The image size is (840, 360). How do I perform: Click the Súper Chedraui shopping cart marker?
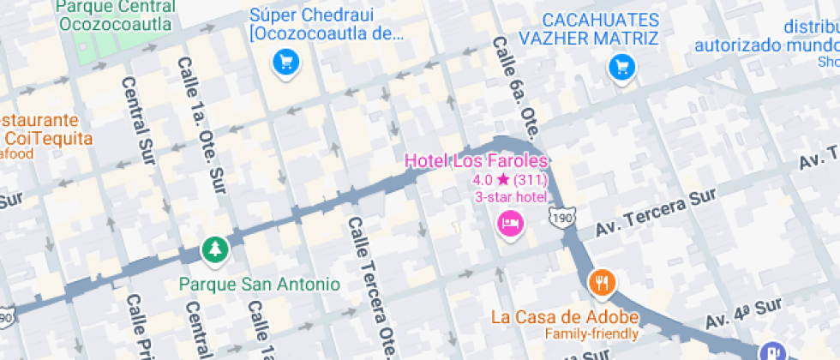(x=285, y=63)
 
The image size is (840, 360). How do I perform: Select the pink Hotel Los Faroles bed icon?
(x=510, y=225)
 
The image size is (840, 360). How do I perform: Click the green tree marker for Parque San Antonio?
(x=213, y=249)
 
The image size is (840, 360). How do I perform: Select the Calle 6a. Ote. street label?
(x=514, y=86)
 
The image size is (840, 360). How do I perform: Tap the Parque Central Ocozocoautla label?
(x=117, y=15)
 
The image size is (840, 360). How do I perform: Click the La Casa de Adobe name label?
(x=565, y=316)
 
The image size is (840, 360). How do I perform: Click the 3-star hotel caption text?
(x=511, y=197)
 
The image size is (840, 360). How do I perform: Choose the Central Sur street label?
(x=137, y=121)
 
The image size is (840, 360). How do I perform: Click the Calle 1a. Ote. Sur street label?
(x=199, y=120)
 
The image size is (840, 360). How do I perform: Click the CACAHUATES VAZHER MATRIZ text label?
(x=589, y=28)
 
